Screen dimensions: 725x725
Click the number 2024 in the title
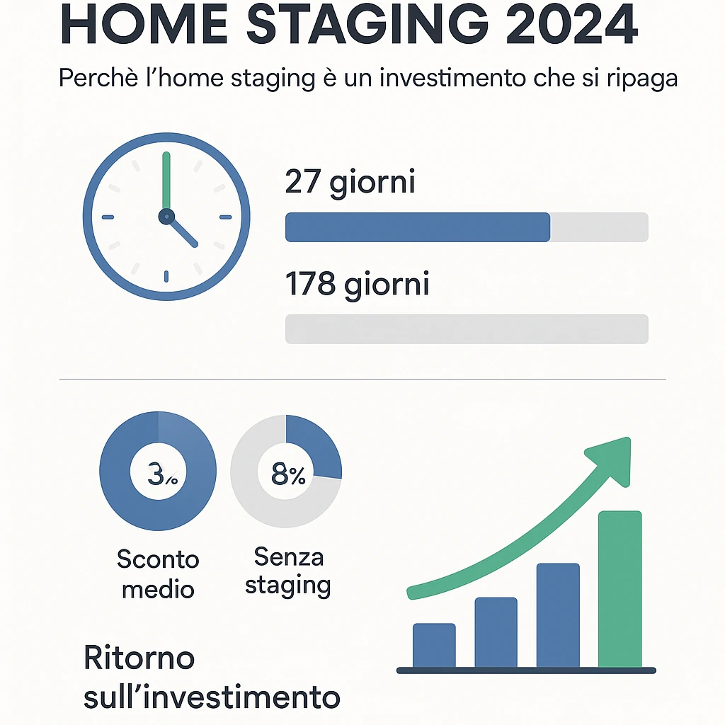coord(571,24)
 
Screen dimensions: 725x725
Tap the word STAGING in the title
coord(367,24)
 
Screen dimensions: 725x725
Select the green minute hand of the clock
coord(166,181)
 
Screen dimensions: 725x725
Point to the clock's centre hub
coord(166,217)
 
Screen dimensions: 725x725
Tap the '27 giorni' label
coord(350,183)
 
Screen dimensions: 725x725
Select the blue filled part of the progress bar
coord(418,227)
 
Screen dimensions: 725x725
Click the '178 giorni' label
coord(358,284)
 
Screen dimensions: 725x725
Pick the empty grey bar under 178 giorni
coord(467,329)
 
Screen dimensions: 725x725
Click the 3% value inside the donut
coord(162,474)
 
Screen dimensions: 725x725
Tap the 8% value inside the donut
coord(288,474)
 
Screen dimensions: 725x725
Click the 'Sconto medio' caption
coord(158,574)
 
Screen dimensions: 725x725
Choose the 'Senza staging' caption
coord(288,572)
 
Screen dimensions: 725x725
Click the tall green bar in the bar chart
coord(620,589)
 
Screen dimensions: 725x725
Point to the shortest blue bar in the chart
coord(434,646)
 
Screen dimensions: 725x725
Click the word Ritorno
coord(139,658)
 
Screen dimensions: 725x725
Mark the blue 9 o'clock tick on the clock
coord(108,217)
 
